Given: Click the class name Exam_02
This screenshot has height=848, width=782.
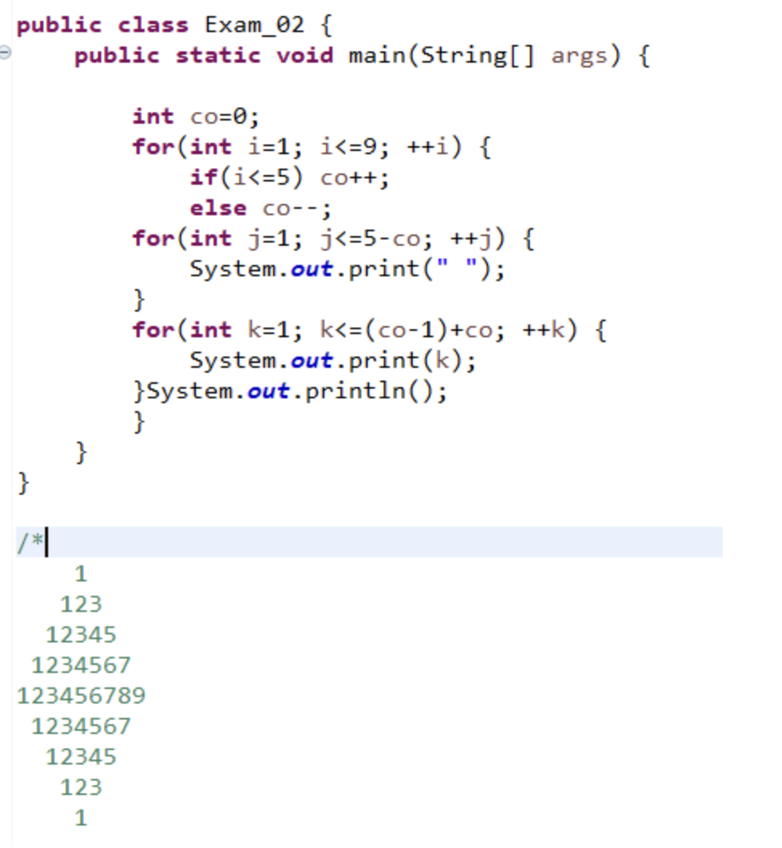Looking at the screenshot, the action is pyautogui.click(x=255, y=25).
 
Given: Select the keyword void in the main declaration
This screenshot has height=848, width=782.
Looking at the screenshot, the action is pyautogui.click(x=304, y=56).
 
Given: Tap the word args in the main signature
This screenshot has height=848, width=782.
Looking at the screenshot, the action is pyautogui.click(x=579, y=56).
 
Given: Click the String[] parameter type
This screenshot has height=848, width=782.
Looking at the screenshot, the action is pyautogui.click(x=477, y=56).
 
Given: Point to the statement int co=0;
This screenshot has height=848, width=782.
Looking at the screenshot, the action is pyautogui.click(x=196, y=116).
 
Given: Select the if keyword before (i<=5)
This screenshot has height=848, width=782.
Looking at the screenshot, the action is pyautogui.click(x=204, y=177).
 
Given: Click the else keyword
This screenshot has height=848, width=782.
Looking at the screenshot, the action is pyautogui.click(x=218, y=208).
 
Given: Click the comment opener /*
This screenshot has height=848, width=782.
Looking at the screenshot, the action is pyautogui.click(x=29, y=543).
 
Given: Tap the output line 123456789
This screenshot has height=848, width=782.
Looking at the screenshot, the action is pyautogui.click(x=81, y=695).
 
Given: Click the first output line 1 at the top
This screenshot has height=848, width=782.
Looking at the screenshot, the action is pyautogui.click(x=80, y=573).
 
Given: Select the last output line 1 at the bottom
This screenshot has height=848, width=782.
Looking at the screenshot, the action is pyautogui.click(x=80, y=817).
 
